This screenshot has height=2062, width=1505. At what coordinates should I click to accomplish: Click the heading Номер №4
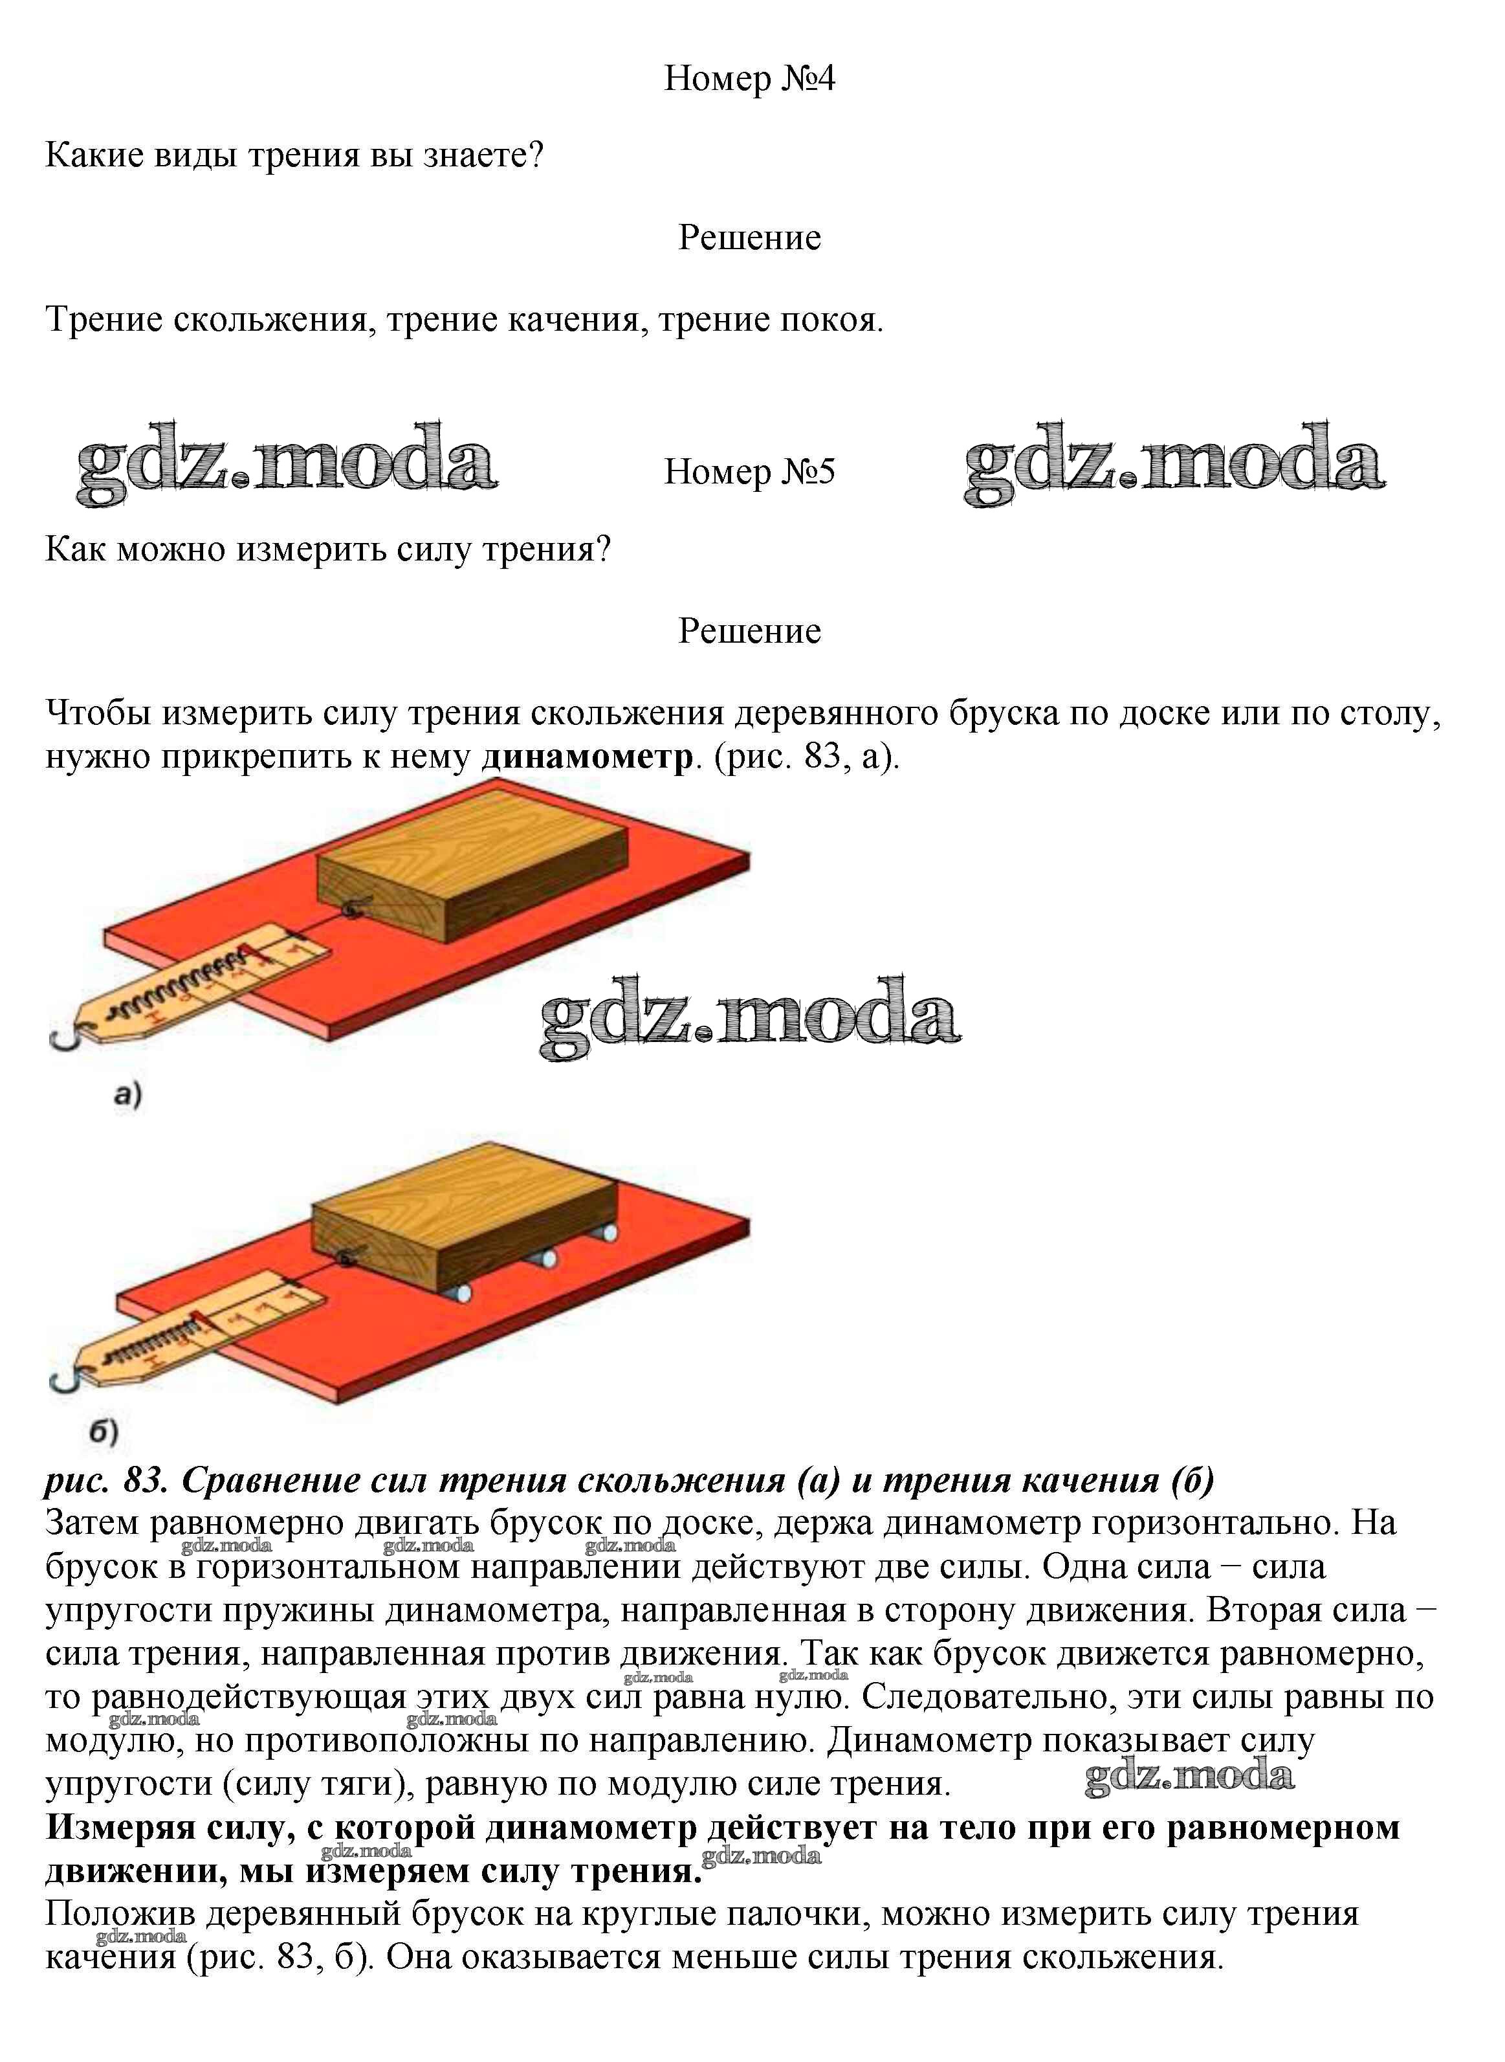pyautogui.click(x=749, y=78)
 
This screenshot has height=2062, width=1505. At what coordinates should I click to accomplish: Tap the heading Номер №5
pyautogui.click(x=749, y=471)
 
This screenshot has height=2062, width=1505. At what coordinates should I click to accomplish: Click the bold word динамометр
pyautogui.click(x=587, y=757)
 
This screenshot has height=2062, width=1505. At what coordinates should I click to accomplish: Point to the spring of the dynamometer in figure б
pyautogui.click(x=155, y=1340)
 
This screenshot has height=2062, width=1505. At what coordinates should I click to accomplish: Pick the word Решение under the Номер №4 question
pyautogui.click(x=749, y=238)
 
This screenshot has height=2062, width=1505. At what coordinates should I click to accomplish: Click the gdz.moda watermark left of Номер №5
pyautogui.click(x=287, y=463)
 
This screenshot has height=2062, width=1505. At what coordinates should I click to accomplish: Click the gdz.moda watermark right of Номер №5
pyautogui.click(x=1175, y=463)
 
